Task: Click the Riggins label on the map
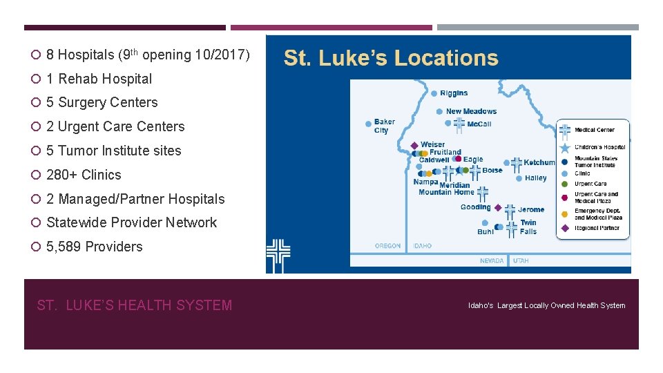(x=454, y=93)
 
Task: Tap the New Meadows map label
(x=471, y=111)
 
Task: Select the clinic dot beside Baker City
(x=369, y=124)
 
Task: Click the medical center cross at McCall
(x=459, y=124)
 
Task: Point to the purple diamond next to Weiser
(x=414, y=145)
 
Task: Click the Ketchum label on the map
(x=539, y=163)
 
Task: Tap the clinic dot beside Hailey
(x=519, y=178)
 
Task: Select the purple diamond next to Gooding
(x=497, y=207)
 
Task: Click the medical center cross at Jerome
(x=510, y=210)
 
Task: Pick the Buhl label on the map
(x=486, y=232)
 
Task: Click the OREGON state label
(x=387, y=246)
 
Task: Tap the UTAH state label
(x=521, y=261)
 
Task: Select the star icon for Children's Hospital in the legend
(x=565, y=147)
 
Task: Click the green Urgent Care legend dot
(x=565, y=184)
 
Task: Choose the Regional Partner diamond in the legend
(x=565, y=228)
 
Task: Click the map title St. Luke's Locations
(x=391, y=58)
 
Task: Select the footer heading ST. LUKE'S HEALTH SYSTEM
(x=135, y=305)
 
